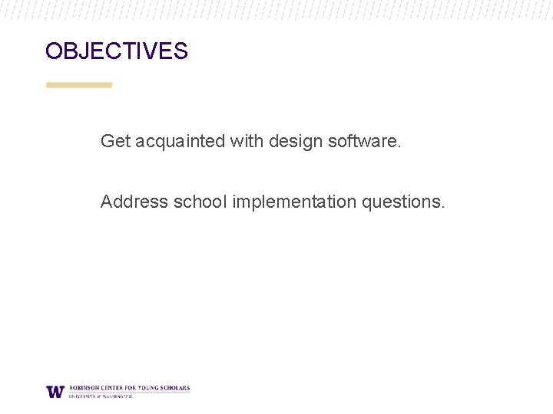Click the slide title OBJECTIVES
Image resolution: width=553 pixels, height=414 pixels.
pyautogui.click(x=116, y=51)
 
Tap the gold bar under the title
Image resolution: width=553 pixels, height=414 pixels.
pyautogui.click(x=79, y=85)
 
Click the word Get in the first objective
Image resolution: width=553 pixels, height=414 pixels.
pyautogui.click(x=116, y=141)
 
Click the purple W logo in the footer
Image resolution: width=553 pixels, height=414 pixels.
pyautogui.click(x=55, y=391)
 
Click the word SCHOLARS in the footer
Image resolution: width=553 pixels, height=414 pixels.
pyautogui.click(x=175, y=388)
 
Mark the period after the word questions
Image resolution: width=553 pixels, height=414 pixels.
pyautogui.click(x=442, y=207)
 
